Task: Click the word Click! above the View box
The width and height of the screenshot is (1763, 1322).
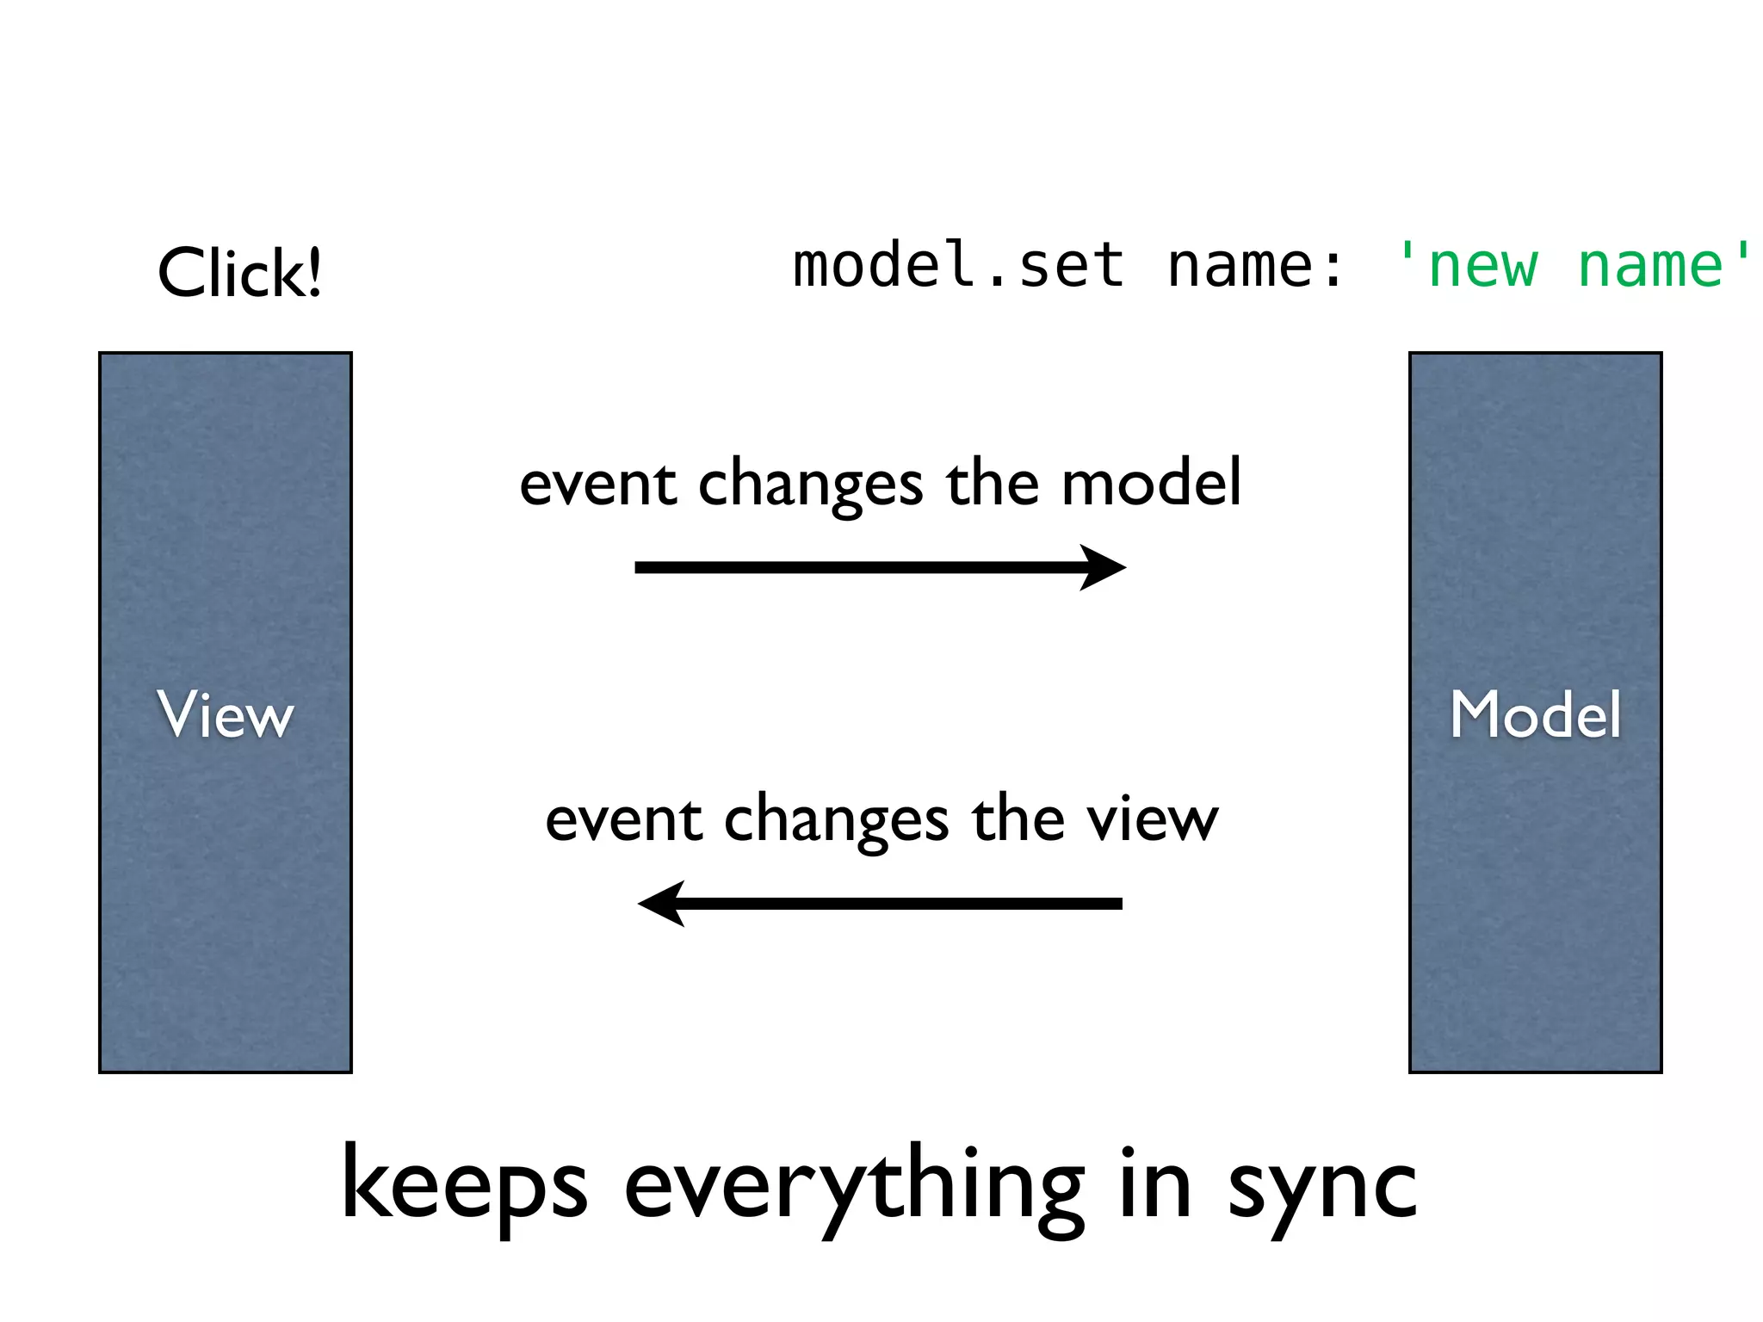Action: [239, 273]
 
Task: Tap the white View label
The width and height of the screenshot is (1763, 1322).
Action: [226, 714]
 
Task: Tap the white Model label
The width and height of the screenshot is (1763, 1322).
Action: [1536, 714]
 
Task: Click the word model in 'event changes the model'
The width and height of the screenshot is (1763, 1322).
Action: [1151, 483]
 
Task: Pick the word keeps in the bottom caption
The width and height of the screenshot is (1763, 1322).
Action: [465, 1186]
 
